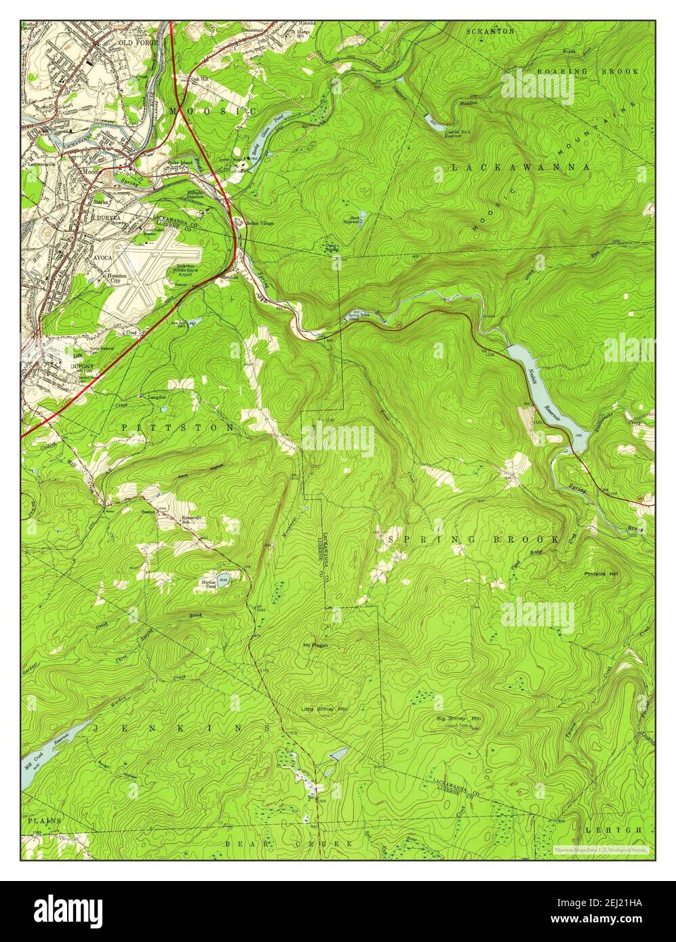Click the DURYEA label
pos(107,218)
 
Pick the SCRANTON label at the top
pos(490,31)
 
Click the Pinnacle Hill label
pos(605,574)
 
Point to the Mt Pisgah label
pos(316,645)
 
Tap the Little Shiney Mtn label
pos(324,709)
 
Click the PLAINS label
pos(44,820)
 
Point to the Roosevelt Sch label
pos(195,520)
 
